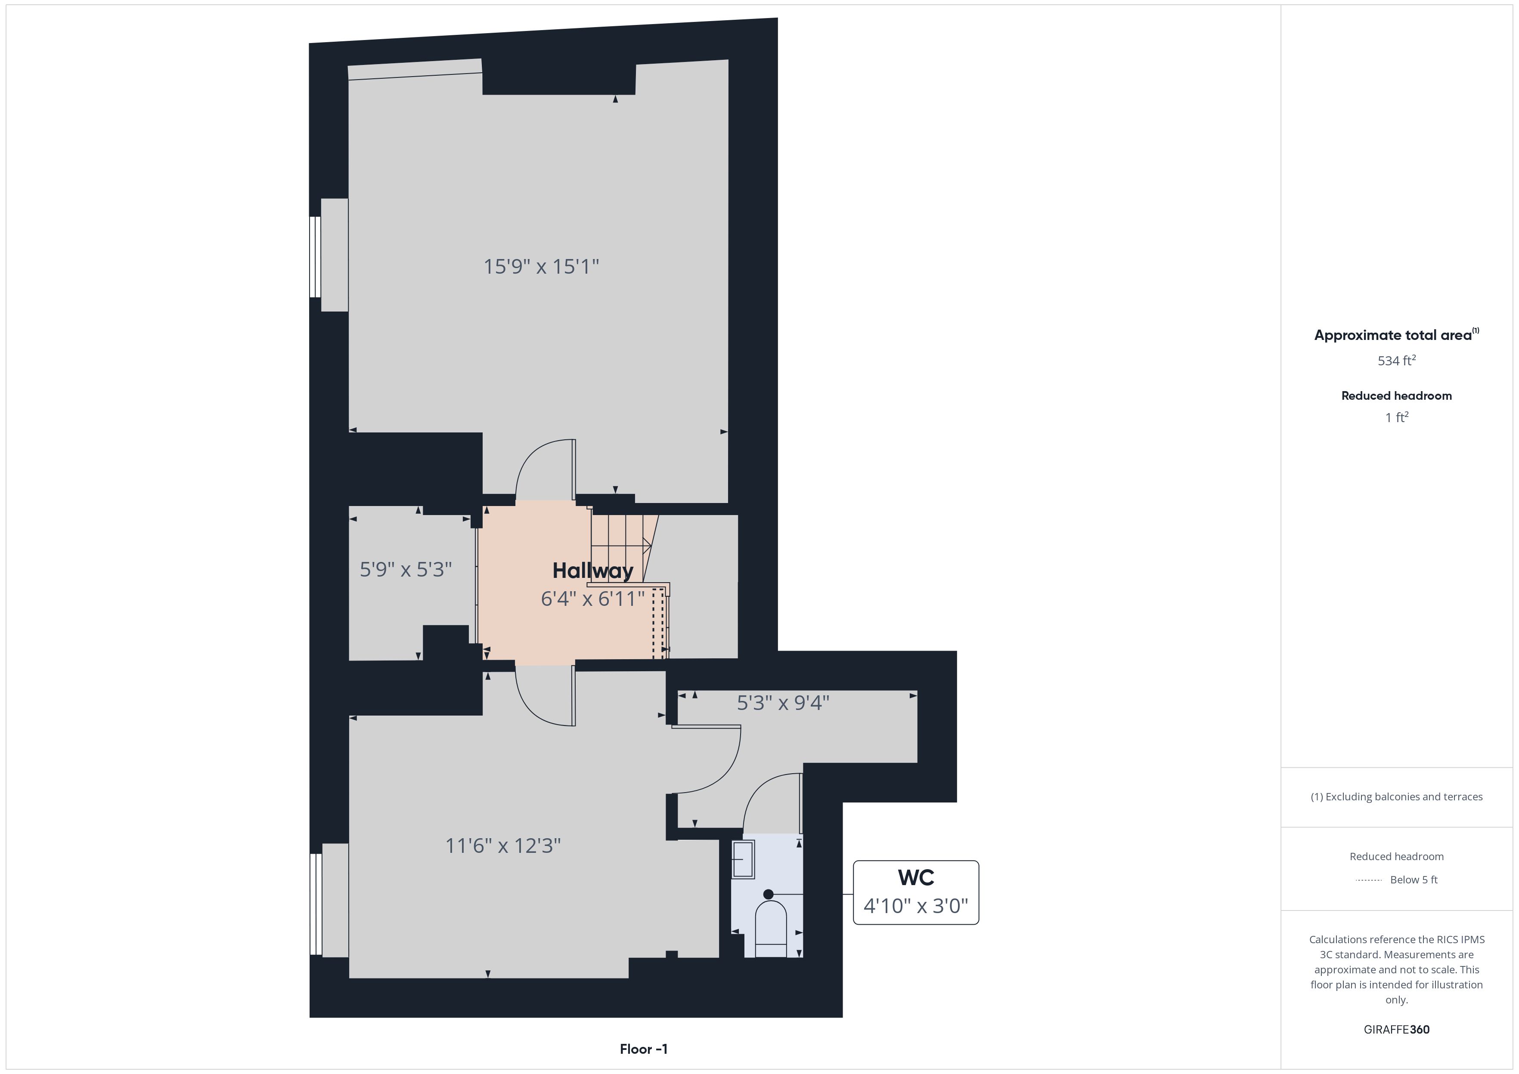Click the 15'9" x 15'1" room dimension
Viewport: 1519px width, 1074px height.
pos(541,266)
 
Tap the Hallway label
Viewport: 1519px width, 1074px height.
pos(593,571)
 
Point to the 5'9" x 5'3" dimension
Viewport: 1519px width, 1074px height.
pos(406,569)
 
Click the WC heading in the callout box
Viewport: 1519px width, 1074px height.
pos(916,878)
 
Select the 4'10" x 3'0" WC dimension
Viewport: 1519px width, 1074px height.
pos(916,905)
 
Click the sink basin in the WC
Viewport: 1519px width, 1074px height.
pos(743,859)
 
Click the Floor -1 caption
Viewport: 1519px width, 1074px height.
pos(644,1049)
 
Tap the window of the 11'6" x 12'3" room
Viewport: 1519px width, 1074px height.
pos(316,904)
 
